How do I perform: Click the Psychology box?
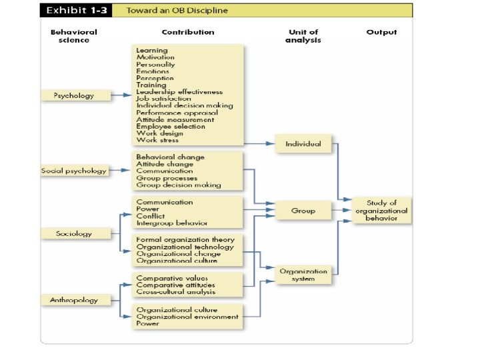pyautogui.click(x=74, y=95)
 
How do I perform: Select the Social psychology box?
pyautogui.click(x=74, y=171)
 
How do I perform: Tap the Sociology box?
pyautogui.click(x=74, y=233)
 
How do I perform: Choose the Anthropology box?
pyautogui.click(x=74, y=300)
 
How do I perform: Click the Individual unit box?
pyautogui.click(x=303, y=143)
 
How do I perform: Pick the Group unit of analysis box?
pyautogui.click(x=303, y=211)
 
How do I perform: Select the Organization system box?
pyautogui.click(x=303, y=275)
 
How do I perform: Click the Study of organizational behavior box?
pyautogui.click(x=381, y=211)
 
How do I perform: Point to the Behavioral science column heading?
pyautogui.click(x=74, y=36)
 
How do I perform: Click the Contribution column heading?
pyautogui.click(x=188, y=32)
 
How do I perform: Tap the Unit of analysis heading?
pyautogui.click(x=303, y=36)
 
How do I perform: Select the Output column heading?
pyautogui.click(x=381, y=32)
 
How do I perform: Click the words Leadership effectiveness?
pyautogui.click(x=179, y=92)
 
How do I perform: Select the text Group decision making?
pyautogui.click(x=178, y=185)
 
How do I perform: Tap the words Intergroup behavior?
pyautogui.click(x=171, y=223)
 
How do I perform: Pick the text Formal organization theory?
pyautogui.click(x=185, y=239)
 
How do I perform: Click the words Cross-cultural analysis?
pyautogui.click(x=175, y=292)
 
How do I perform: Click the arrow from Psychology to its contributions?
pyautogui.click(x=121, y=95)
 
